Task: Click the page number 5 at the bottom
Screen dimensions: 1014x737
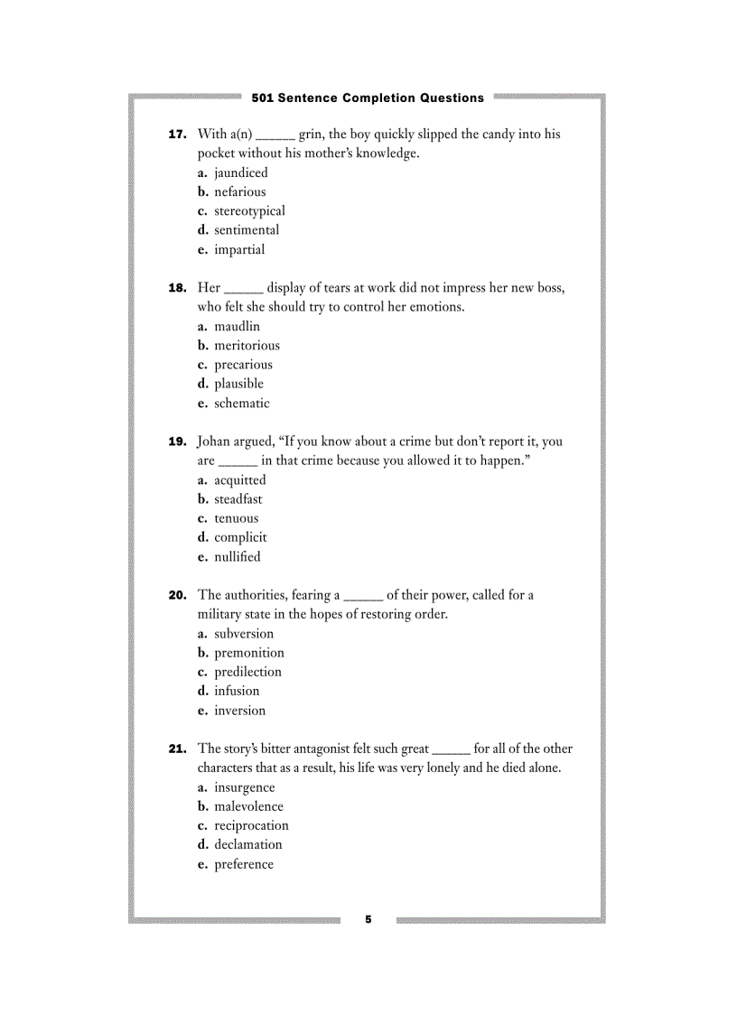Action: pos(368,919)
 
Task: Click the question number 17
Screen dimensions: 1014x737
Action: pos(177,135)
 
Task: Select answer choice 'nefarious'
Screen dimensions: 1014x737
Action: pos(239,191)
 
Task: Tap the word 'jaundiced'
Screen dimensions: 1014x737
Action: pos(240,172)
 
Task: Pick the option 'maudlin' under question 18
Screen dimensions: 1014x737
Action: pos(237,326)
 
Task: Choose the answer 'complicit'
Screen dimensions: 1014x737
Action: pos(240,537)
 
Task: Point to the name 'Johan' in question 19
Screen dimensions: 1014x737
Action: pos(213,442)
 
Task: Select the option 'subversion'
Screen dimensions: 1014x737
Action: pos(243,633)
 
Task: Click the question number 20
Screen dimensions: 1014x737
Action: pos(177,595)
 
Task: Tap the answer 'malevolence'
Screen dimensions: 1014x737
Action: pos(248,806)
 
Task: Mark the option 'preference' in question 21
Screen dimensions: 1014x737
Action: pos(243,864)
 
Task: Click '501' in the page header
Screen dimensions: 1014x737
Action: pos(263,98)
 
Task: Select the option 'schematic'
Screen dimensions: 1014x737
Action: pos(241,403)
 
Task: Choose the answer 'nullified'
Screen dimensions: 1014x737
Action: pos(237,556)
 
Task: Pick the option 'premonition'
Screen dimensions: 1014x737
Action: pos(248,652)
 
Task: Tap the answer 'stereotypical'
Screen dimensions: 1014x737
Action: pos(249,210)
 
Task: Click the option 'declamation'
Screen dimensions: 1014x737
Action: pos(247,844)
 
